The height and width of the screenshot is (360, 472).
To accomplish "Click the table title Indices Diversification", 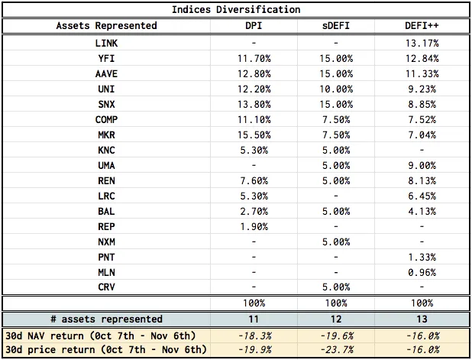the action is tap(236, 10).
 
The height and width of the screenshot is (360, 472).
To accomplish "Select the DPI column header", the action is tap(254, 26).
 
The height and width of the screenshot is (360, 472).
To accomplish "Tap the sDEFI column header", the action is tap(336, 26).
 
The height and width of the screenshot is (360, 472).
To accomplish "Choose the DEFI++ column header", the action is tap(422, 26).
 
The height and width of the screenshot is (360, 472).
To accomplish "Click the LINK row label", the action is tap(106, 44).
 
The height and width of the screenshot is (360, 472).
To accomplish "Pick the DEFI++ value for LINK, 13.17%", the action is tap(422, 44).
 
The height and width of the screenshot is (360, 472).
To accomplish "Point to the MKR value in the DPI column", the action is tap(254, 135).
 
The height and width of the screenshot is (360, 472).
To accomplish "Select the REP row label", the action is tap(106, 226).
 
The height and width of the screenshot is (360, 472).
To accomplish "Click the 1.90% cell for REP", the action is tap(254, 226).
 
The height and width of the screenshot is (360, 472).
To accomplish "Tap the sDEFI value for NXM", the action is tap(336, 242).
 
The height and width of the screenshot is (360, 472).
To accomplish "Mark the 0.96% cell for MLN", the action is tap(422, 273).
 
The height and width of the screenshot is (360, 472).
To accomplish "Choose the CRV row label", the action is tap(106, 287).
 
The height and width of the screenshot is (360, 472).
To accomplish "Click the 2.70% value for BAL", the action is tap(254, 212).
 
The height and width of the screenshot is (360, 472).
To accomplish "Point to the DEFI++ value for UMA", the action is tap(422, 166).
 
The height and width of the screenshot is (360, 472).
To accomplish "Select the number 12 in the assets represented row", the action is tap(336, 319).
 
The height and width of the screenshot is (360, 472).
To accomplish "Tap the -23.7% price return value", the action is tap(336, 350).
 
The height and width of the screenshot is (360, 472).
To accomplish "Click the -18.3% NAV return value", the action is tap(254, 336).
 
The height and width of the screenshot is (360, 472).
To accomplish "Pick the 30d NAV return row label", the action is tap(101, 336).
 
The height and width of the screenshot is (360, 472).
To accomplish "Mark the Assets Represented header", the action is tap(106, 26).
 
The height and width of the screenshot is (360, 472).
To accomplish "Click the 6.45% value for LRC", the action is tap(422, 196).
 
